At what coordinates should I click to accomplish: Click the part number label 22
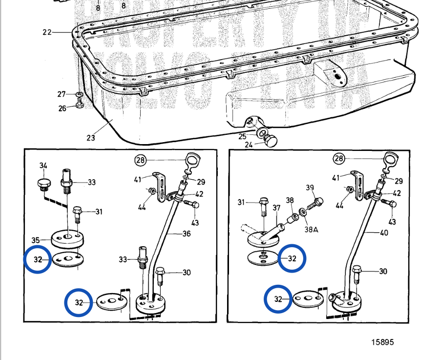(47, 32)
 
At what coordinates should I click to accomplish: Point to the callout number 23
(90, 138)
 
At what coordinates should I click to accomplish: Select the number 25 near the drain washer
(243, 136)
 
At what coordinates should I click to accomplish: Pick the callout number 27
(62, 94)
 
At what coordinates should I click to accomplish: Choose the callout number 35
(35, 240)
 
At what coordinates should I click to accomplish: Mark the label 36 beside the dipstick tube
(186, 233)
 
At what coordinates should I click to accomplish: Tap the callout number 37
(276, 208)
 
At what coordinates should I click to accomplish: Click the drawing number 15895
(382, 342)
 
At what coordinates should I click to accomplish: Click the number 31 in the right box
(241, 202)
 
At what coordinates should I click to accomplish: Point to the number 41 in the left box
(138, 179)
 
